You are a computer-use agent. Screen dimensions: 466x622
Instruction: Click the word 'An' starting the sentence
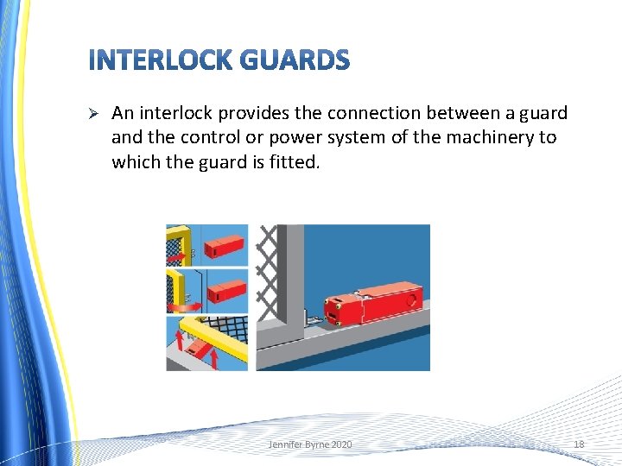(x=123, y=113)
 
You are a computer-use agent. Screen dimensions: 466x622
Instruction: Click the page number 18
(x=579, y=444)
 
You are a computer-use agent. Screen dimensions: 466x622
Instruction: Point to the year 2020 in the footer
(x=341, y=444)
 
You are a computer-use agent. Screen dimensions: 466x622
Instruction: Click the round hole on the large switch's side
(x=412, y=302)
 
